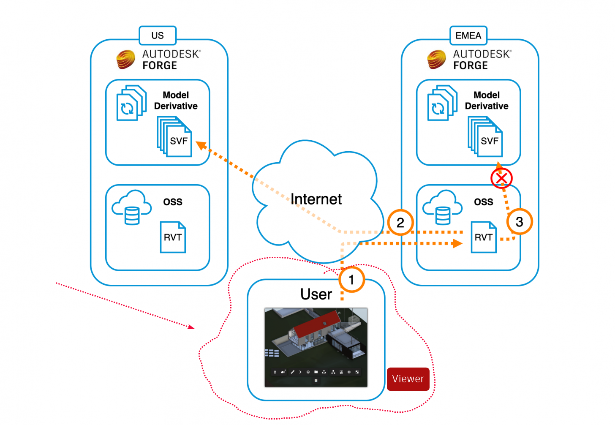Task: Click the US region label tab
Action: coord(158,35)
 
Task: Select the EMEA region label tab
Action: coord(468,35)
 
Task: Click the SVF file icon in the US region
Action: coord(175,137)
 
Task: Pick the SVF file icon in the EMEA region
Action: coord(486,137)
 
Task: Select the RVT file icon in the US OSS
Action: coord(173,237)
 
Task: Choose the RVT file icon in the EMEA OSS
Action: coord(484,237)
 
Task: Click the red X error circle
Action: coord(501,178)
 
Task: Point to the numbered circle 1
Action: coord(351,280)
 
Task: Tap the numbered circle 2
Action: coord(400,222)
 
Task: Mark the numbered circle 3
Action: coord(520,222)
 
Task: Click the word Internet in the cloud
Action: coord(316,199)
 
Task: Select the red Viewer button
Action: coord(408,379)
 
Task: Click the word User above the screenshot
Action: coord(316,294)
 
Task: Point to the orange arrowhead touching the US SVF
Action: coord(201,145)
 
